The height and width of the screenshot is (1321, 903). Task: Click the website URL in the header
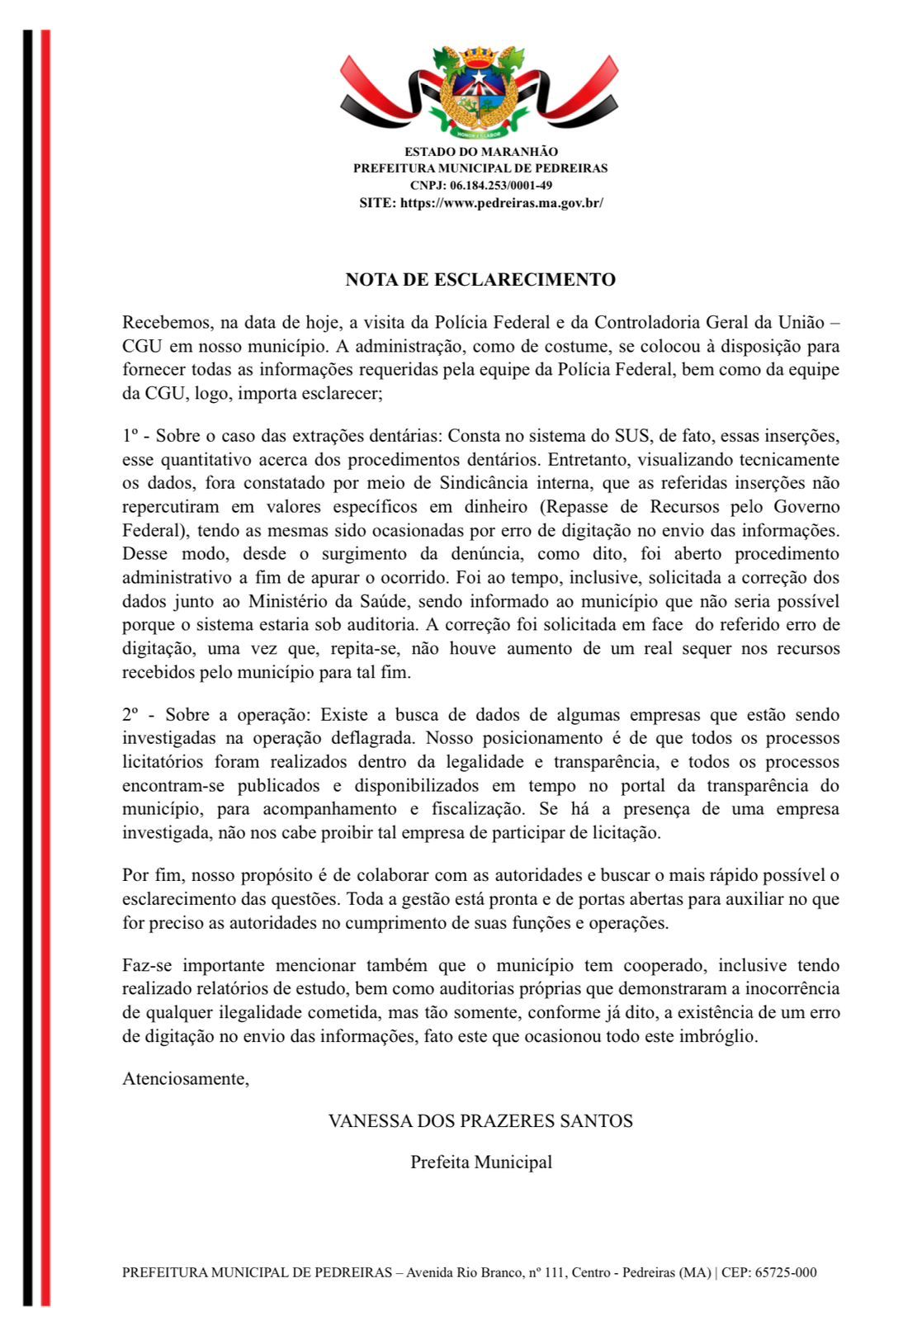point(502,202)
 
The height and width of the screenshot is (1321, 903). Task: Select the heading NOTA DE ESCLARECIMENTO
point(480,280)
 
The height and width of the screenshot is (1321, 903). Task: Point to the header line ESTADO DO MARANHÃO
point(480,152)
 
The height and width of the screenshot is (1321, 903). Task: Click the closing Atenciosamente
point(186,1078)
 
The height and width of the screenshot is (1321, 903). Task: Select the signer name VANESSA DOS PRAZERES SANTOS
point(480,1121)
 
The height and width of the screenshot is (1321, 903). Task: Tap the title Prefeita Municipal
point(481,1162)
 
